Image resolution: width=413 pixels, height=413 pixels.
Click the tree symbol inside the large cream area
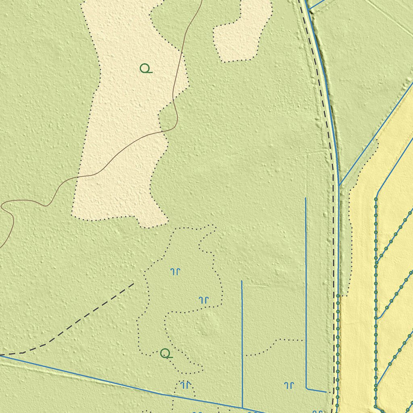146,69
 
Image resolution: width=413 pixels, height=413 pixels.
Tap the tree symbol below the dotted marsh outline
166,354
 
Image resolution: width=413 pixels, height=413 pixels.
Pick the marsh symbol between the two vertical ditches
289,386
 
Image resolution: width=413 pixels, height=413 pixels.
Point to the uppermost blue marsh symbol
175,271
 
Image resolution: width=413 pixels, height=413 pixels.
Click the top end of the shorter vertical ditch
242,281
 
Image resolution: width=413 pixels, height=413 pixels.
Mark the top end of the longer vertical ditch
305,198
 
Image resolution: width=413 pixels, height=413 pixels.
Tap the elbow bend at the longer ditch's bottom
307,389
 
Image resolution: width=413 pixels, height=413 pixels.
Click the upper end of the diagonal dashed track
133,284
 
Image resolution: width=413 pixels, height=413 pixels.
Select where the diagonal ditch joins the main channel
340,185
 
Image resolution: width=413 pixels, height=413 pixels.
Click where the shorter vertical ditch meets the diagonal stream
242,407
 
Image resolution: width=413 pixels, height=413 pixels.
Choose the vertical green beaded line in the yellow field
376,302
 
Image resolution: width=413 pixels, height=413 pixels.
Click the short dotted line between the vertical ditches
274,345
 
